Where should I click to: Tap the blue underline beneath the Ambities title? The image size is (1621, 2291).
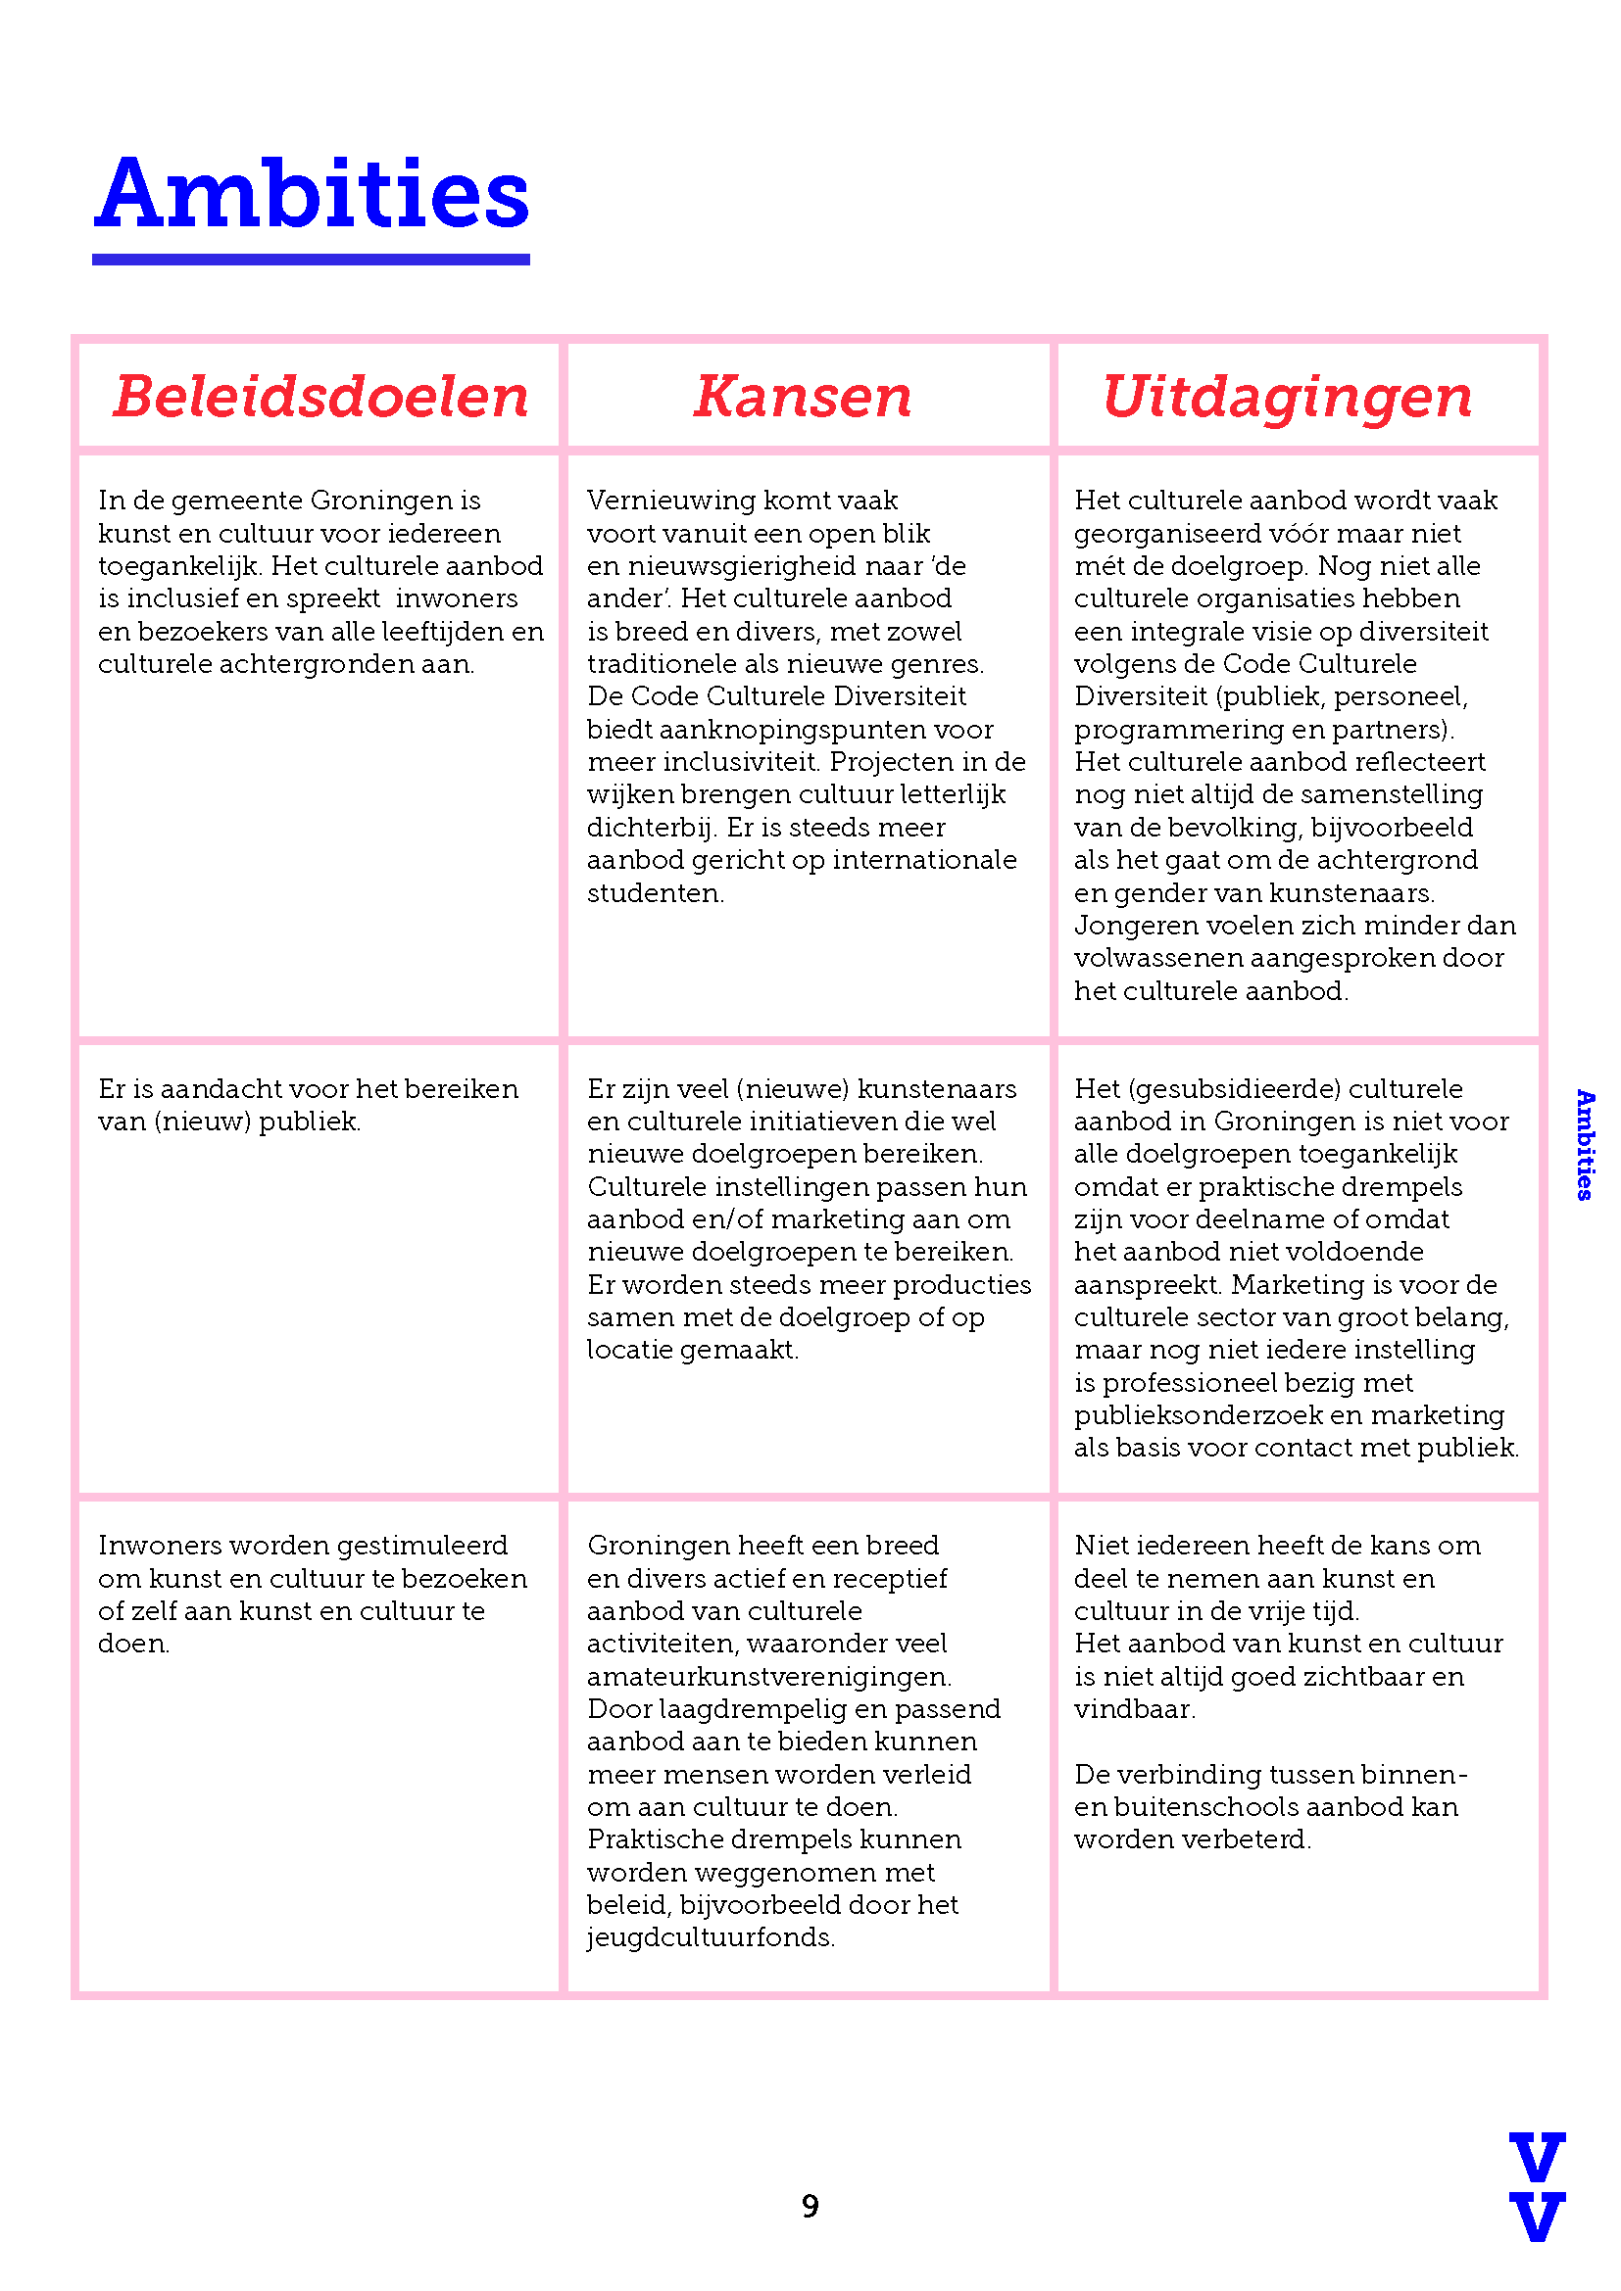(x=312, y=260)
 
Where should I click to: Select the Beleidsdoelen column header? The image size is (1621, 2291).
(x=320, y=396)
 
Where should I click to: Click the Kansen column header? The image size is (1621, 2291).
(x=803, y=396)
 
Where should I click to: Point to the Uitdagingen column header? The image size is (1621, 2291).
(x=1287, y=396)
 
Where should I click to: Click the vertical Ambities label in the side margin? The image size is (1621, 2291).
(x=1584, y=1144)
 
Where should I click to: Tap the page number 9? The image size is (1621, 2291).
(x=810, y=2206)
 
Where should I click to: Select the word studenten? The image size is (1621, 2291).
(x=654, y=893)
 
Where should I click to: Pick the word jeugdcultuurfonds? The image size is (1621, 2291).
(x=710, y=1937)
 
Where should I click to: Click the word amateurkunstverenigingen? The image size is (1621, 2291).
(x=768, y=1676)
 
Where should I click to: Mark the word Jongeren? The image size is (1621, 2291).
(x=1136, y=926)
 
